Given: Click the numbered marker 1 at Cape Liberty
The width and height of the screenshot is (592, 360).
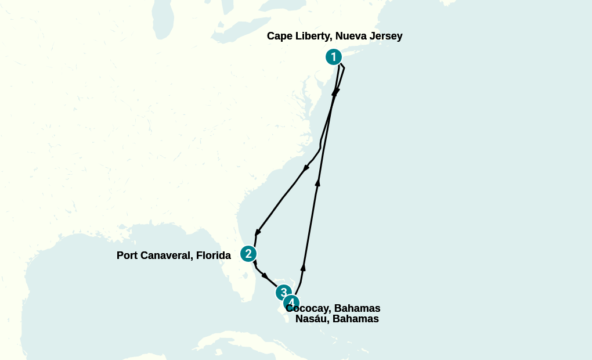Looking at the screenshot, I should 333,57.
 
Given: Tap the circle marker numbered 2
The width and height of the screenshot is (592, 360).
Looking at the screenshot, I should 248,254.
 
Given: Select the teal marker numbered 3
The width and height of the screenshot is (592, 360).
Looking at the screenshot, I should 283,293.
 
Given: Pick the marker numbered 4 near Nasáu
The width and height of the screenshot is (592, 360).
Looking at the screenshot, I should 291,303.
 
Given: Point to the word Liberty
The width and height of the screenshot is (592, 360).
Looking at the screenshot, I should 313,36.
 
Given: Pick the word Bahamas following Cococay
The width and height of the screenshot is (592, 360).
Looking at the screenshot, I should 358,308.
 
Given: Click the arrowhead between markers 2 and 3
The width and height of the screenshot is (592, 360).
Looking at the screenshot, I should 265,275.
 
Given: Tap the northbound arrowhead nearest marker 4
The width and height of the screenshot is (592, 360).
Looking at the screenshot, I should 303,267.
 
